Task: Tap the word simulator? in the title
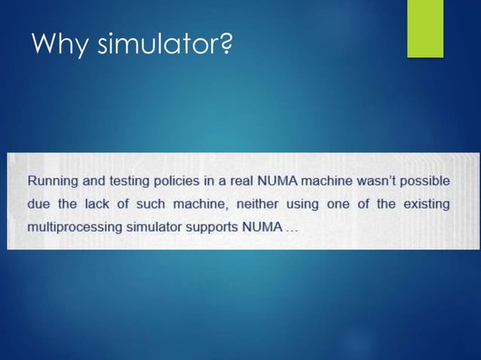[164, 47]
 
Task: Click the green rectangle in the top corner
[425, 28]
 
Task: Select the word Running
[54, 182]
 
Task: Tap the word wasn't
[377, 182]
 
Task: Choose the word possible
[428, 182]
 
